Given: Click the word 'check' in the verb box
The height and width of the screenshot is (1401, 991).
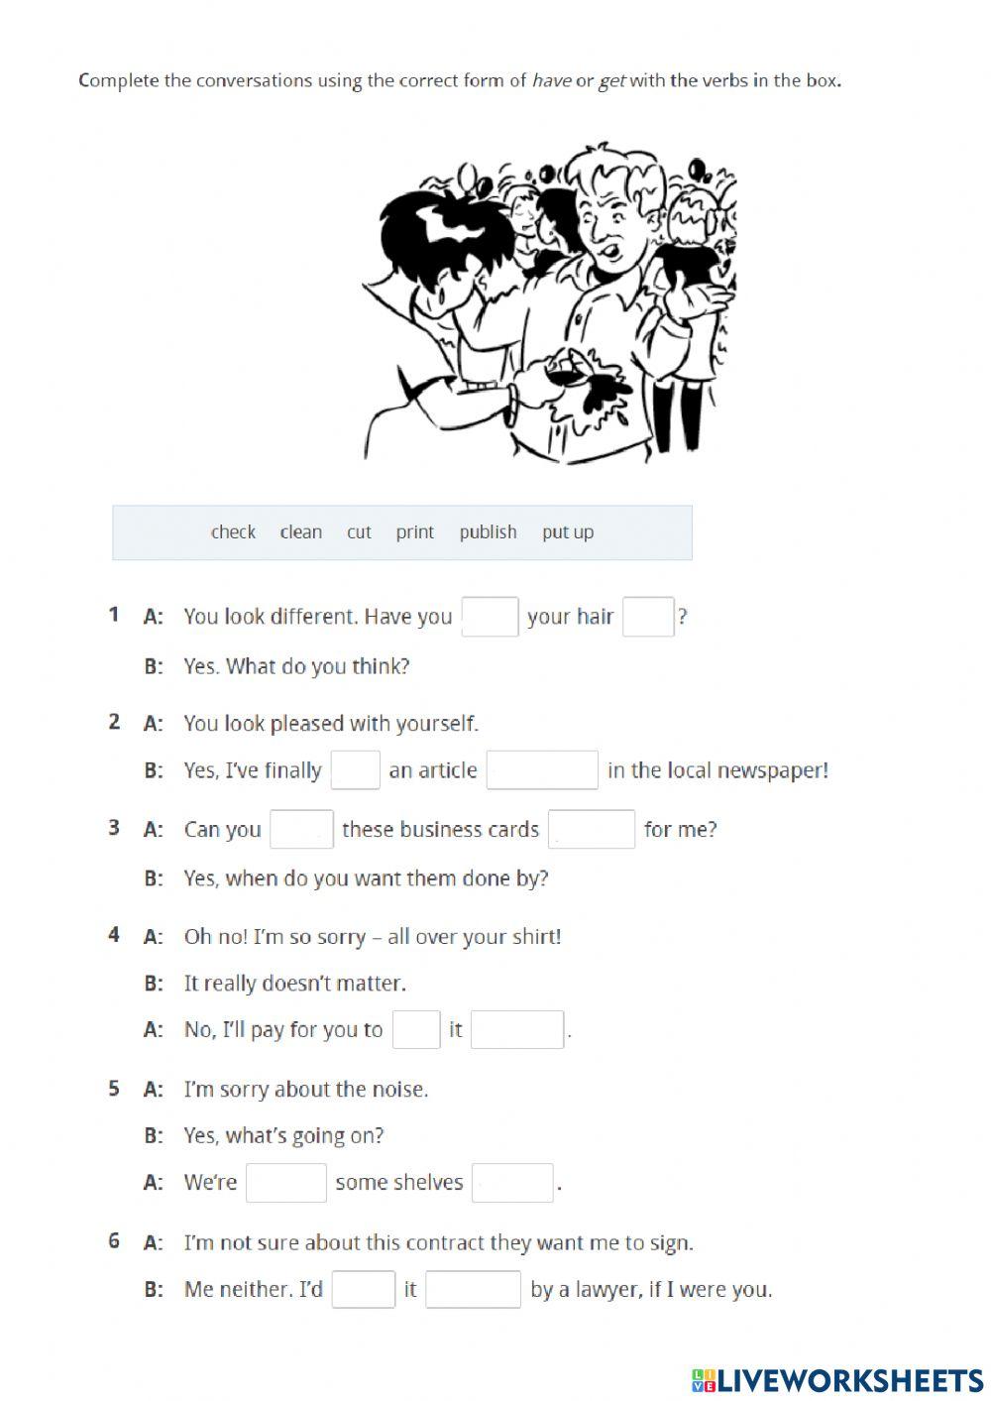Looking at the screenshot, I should click(233, 532).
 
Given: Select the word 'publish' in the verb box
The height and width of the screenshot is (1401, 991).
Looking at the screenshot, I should click(488, 532).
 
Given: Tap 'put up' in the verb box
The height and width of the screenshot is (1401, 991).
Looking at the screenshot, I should click(568, 532).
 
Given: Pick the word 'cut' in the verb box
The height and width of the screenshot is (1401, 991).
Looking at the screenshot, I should click(359, 532).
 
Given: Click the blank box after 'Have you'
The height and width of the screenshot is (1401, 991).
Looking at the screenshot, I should click(490, 617).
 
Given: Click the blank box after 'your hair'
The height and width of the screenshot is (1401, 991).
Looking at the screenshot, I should click(648, 617).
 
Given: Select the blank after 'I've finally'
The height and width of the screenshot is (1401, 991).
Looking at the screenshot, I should click(355, 770).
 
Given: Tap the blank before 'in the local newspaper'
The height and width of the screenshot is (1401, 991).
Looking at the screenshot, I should click(542, 770).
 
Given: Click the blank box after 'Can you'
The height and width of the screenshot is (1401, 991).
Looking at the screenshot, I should click(301, 830).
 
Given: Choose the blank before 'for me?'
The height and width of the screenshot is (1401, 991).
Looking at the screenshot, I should click(592, 830).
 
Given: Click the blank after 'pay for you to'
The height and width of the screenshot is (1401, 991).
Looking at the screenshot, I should click(416, 1030).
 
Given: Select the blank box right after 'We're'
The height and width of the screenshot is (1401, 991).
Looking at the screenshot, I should click(286, 1183).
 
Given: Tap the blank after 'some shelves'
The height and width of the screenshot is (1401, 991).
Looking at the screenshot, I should click(512, 1183).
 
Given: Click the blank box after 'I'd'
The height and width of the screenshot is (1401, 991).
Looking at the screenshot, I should click(364, 1290).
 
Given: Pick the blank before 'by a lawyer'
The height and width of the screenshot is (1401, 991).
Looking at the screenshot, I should click(474, 1290).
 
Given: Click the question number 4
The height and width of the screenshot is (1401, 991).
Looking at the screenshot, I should click(114, 935).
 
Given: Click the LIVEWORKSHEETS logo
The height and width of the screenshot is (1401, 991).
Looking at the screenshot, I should click(837, 1379).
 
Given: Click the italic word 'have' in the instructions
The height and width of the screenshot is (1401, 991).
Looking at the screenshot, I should click(551, 81).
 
